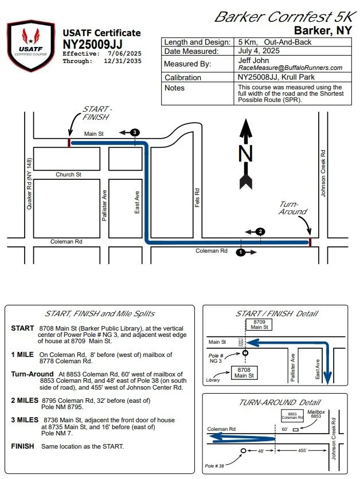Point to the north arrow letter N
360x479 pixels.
[246, 154]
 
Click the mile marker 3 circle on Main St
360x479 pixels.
[135, 132]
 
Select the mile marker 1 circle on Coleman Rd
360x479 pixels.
[241, 252]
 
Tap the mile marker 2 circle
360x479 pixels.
[260, 231]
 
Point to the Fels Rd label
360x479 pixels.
[196, 198]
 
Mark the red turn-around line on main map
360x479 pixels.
[310, 242]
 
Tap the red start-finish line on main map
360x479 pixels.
[69, 142]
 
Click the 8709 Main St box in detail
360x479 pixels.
[257, 324]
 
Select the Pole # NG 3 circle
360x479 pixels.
[245, 353]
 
